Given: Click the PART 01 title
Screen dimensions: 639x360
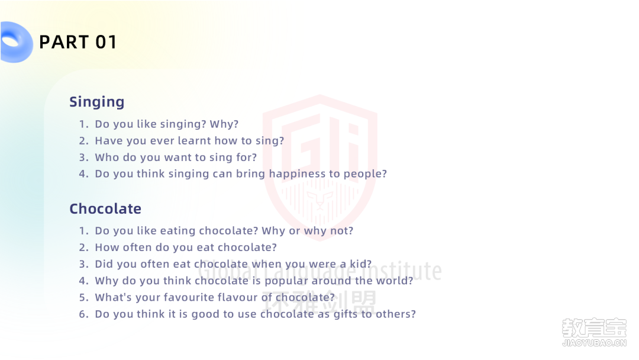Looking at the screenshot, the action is pos(78,42).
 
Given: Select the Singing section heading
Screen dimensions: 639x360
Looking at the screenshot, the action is pos(96,102).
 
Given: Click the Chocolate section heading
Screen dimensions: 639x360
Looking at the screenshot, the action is pos(105,209).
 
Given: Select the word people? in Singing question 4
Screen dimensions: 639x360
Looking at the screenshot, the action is pos(364,174).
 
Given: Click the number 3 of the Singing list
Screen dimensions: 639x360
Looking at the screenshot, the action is pos(83,157).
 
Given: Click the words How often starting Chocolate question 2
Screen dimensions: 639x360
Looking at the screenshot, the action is pos(124,247).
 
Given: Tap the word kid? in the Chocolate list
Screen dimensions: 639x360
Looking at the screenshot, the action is pos(361,264).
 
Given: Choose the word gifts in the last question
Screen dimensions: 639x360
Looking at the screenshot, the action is pos(345,314).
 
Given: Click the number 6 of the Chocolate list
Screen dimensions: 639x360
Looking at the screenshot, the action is pos(83,314).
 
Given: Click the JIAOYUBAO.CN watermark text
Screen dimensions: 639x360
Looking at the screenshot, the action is pos(594,343).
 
